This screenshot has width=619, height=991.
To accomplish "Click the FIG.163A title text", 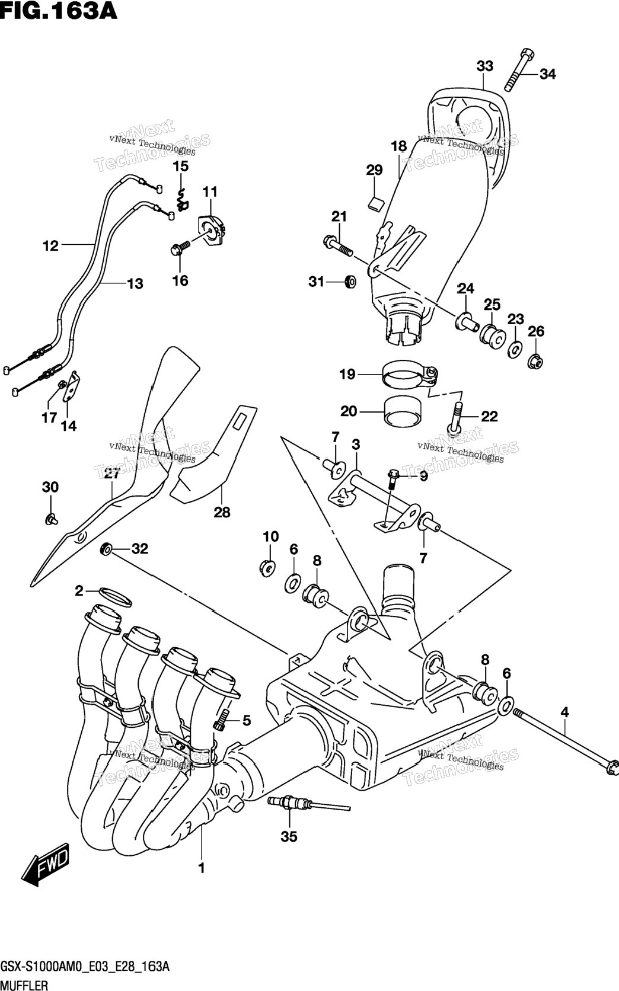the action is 59,11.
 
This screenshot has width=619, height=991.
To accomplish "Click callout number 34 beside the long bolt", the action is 547,74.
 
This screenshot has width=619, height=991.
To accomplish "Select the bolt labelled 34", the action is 519,69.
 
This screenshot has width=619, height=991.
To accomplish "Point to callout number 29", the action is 374,170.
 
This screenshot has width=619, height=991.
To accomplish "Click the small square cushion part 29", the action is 376,203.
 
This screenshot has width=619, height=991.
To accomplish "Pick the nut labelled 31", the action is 350,282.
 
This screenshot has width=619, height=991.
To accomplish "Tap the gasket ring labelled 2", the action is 115,597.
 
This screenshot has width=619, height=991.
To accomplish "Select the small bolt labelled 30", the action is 52,519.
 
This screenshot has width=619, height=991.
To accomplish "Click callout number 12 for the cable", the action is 50,245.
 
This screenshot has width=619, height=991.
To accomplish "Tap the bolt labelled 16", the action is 180,248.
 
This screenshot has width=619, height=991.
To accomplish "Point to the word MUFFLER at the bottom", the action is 24,984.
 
